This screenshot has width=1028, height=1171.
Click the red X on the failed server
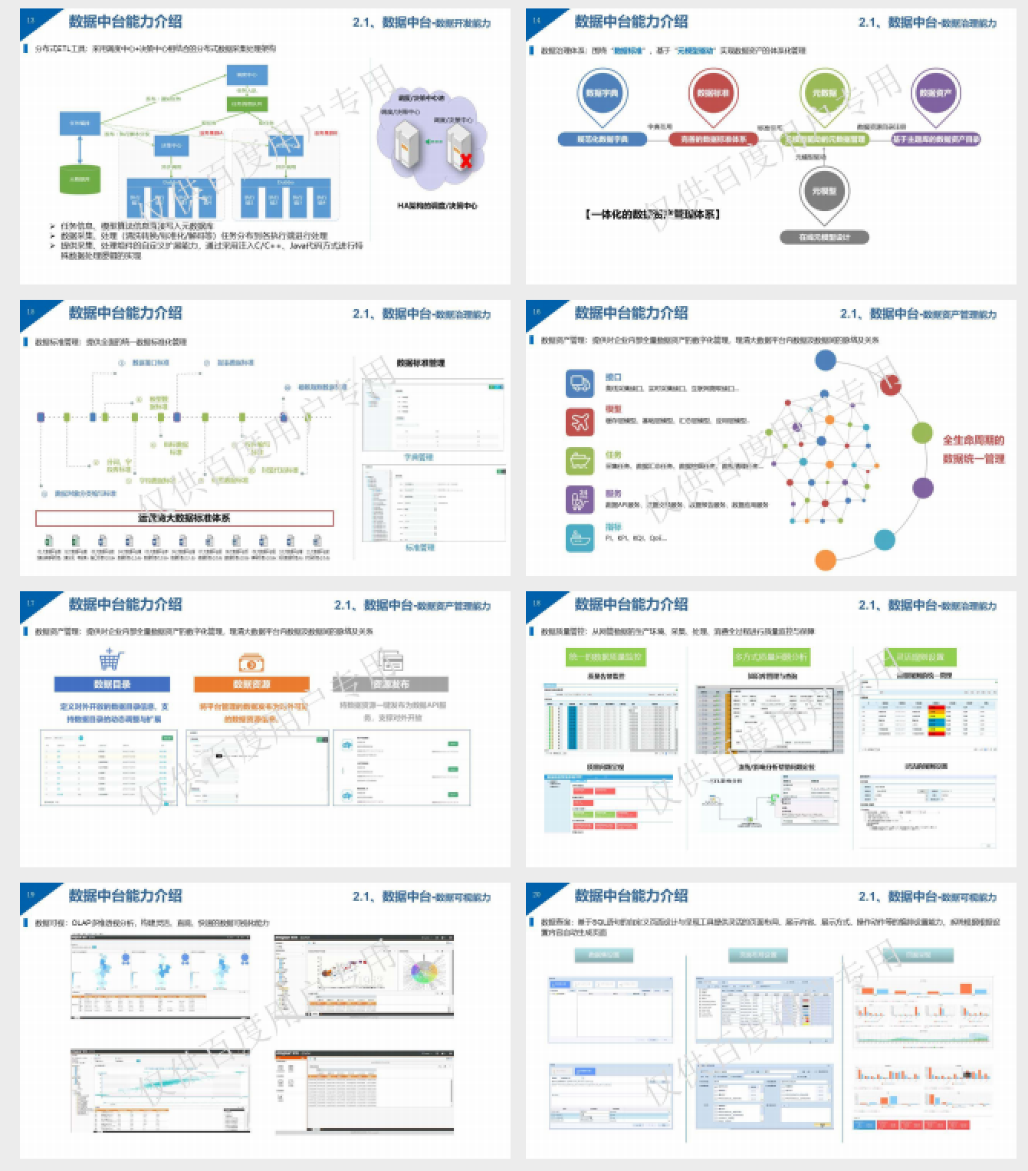click(465, 160)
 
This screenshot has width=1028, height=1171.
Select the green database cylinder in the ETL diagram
click(80, 179)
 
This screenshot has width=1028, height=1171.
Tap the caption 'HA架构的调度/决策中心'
click(437, 206)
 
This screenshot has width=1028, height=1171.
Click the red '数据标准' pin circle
click(713, 93)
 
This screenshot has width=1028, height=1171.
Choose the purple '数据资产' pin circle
click(935, 93)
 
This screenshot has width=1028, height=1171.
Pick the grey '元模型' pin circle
click(824, 191)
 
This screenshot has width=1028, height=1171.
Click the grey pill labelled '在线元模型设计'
click(824, 237)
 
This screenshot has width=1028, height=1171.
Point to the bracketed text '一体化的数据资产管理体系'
click(652, 215)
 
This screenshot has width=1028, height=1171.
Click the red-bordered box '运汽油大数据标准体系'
click(184, 518)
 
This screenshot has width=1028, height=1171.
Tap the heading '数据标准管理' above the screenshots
click(420, 363)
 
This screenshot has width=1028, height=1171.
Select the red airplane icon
click(580, 421)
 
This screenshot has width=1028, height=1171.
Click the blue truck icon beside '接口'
click(580, 383)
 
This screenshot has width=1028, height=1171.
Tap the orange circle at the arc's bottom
click(825, 560)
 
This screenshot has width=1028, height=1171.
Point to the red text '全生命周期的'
click(973, 440)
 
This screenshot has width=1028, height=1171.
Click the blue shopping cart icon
click(111, 659)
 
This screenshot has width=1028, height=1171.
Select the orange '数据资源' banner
click(251, 684)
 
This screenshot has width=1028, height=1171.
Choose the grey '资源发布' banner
click(391, 684)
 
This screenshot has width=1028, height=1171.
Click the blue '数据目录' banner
click(112, 684)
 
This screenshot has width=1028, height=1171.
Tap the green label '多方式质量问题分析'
click(770, 657)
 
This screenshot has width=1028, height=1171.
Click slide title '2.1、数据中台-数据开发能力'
click(421, 23)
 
